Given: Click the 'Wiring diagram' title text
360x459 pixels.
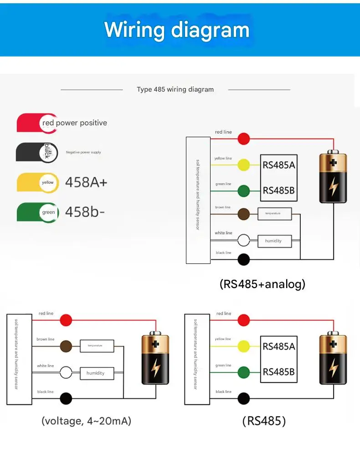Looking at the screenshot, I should pos(177,30).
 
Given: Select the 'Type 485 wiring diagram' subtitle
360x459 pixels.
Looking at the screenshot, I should pos(175,89).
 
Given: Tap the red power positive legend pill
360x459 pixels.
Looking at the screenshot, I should pos(37,123).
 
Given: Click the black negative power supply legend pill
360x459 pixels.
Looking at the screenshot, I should pos(37,152).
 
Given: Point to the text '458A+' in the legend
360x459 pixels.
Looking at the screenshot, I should pos(86,182).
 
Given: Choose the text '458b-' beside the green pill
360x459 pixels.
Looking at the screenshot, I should pos(85,211).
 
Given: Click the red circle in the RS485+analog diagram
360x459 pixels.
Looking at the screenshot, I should pos(244,139).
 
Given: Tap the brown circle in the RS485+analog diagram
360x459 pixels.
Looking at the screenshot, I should pos(244,214).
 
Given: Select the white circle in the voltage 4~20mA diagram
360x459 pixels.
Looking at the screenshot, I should pos(66,372).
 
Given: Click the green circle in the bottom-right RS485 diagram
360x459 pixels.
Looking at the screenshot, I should pos(244,372).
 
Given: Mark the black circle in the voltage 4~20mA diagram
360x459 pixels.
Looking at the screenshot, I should pos(66,398).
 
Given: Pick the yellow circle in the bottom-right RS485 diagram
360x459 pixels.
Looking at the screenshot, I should pos(244,346).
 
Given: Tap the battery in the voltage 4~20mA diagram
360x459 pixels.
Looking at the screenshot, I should pos(155,359).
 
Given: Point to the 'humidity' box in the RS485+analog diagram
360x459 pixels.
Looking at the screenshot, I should pos(273,241).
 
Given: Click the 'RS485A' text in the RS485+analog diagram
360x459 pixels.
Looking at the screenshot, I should pos(278,165).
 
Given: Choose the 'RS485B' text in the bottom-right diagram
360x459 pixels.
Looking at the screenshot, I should pos(278,372).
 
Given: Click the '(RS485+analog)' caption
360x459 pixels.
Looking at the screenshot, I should pos(262,284).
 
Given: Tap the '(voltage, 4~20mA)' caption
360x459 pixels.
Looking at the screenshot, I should pos(86,421).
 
